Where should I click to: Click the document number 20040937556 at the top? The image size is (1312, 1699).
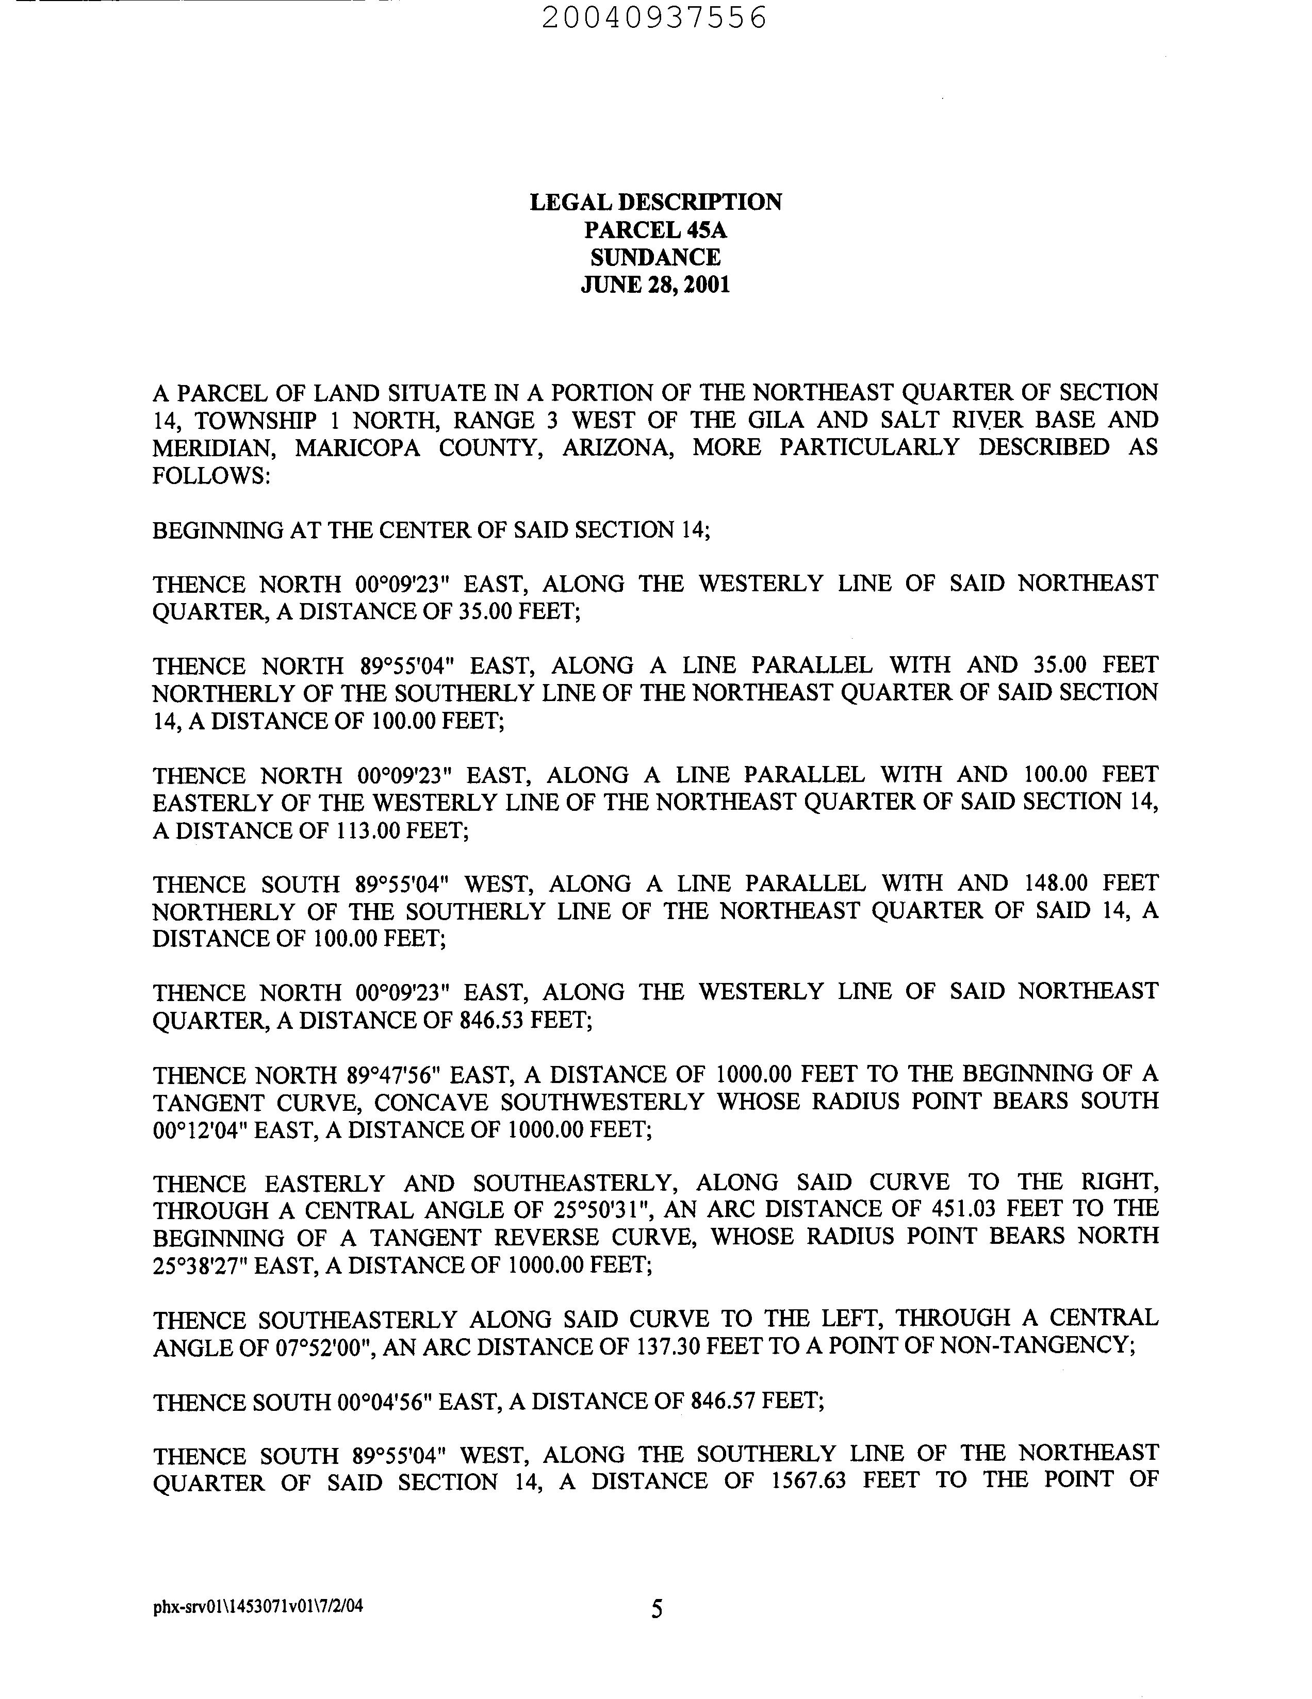(x=653, y=17)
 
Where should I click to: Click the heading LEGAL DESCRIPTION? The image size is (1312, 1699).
(x=655, y=202)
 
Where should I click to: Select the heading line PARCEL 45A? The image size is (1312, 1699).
(x=655, y=230)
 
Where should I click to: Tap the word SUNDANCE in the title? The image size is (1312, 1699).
(x=655, y=258)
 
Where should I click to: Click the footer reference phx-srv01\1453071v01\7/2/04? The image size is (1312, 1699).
(x=257, y=1604)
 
